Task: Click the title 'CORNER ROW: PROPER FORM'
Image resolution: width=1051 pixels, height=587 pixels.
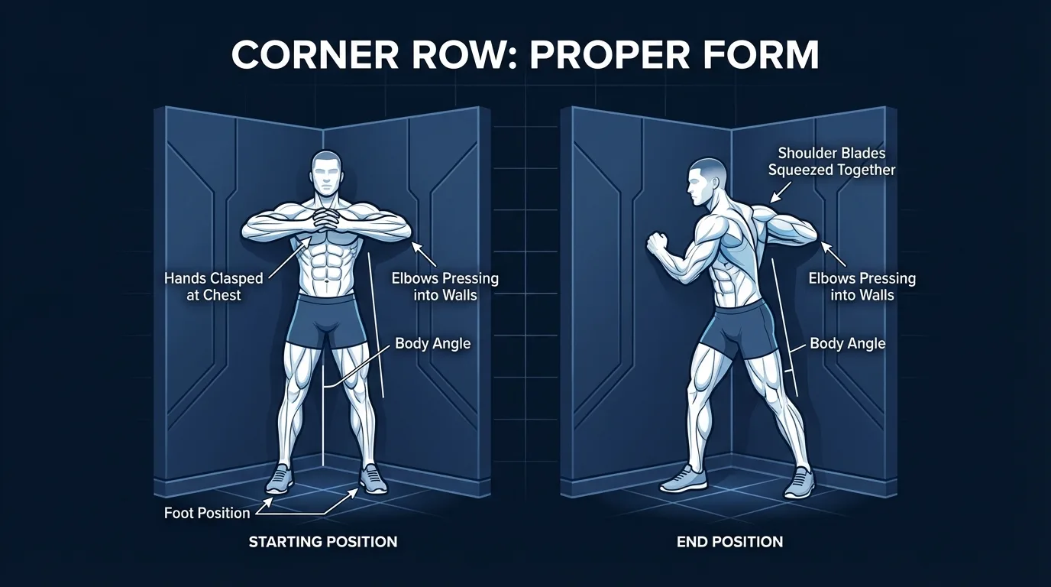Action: tap(525, 55)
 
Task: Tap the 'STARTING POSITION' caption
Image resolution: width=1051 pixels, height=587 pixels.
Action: tap(323, 542)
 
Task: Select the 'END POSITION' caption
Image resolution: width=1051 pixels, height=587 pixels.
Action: tap(729, 542)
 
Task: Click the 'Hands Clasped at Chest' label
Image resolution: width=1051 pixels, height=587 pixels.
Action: tap(213, 287)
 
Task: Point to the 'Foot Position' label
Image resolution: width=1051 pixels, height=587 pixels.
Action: tap(207, 513)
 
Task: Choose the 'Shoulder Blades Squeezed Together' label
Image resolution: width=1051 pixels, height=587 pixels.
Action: tap(831, 161)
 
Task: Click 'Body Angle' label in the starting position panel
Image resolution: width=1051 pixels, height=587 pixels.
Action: tap(432, 343)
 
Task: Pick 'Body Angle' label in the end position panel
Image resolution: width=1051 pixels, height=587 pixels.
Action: tap(847, 343)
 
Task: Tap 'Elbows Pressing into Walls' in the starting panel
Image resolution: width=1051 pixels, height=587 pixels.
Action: tap(445, 287)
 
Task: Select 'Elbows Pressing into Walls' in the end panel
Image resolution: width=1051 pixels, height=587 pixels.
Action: tap(862, 287)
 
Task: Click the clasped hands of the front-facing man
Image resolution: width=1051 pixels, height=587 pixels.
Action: tap(327, 222)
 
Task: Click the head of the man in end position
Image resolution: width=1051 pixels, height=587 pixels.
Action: tap(705, 182)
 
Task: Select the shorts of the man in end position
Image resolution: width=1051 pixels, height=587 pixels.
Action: tap(733, 329)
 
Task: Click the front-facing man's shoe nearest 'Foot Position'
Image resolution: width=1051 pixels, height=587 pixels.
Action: tap(278, 479)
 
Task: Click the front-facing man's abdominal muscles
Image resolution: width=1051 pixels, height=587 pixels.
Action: tap(327, 264)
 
